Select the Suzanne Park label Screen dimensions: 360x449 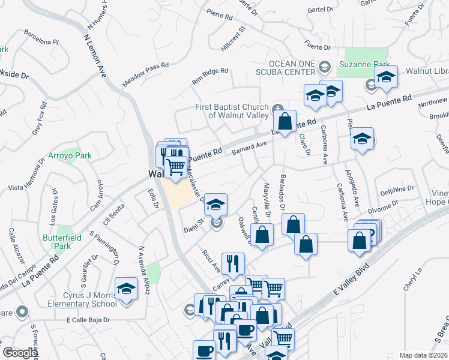(364, 64)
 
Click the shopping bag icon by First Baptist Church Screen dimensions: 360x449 (285, 121)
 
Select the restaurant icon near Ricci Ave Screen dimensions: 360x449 (232, 263)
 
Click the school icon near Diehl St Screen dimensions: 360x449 (215, 205)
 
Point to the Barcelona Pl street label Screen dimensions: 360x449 (41, 42)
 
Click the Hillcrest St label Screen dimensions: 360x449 (233, 37)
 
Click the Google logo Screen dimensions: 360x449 (20, 353)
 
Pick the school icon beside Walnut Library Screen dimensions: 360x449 (386, 78)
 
